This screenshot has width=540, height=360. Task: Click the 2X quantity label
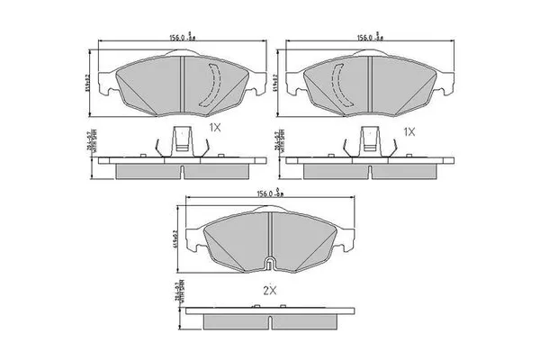270,292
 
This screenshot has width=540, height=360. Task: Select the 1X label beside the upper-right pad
409,130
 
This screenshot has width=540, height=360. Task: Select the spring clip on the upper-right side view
369,142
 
